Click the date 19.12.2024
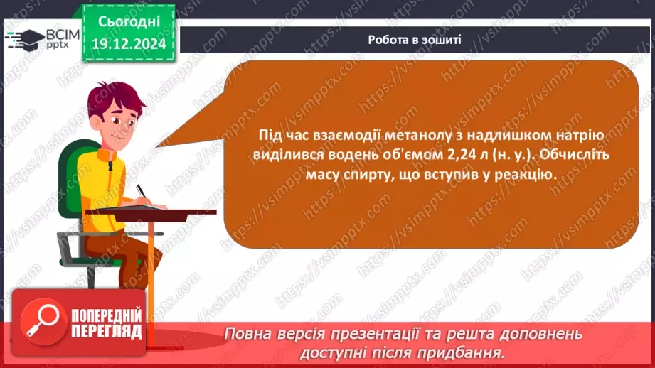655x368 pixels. point(129,44)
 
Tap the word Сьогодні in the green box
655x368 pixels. point(129,23)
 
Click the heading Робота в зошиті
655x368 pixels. point(415,40)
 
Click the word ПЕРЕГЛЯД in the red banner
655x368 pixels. point(106,332)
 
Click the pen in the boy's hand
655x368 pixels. point(142,191)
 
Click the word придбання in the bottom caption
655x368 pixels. point(450,352)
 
